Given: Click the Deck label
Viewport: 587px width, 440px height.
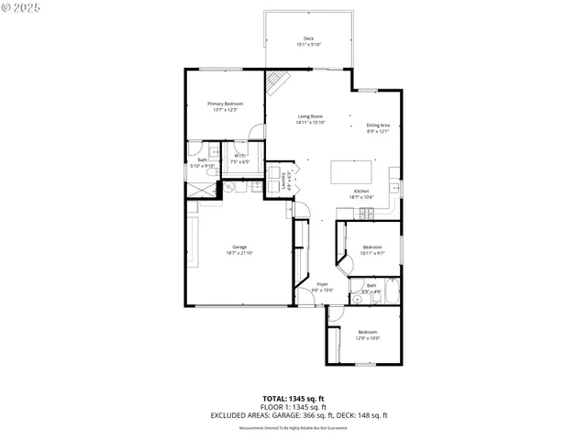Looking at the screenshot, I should pyautogui.click(x=308, y=38).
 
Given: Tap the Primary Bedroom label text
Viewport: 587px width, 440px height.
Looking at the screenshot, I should pyautogui.click(x=225, y=104).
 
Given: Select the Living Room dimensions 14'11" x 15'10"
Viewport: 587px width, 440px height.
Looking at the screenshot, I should pyautogui.click(x=309, y=123).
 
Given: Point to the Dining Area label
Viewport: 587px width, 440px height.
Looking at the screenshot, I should pyautogui.click(x=379, y=125).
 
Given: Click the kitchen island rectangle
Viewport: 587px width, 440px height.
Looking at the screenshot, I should pyautogui.click(x=352, y=171).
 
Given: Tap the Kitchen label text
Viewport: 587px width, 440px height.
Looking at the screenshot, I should pyautogui.click(x=360, y=191).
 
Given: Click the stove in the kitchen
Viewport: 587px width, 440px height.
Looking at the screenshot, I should pyautogui.click(x=366, y=214).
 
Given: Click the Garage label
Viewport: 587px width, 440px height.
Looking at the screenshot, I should pyautogui.click(x=239, y=247).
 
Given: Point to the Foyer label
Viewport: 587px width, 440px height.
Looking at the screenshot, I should pyautogui.click(x=322, y=284).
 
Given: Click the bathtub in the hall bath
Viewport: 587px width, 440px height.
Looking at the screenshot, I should pyautogui.click(x=391, y=294).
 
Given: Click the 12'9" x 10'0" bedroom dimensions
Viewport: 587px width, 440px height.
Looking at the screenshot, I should pyautogui.click(x=367, y=337).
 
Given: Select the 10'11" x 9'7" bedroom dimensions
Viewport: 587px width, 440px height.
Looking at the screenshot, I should pyautogui.click(x=372, y=253).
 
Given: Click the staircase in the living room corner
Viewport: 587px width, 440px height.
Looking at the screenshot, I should pyautogui.click(x=278, y=83).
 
